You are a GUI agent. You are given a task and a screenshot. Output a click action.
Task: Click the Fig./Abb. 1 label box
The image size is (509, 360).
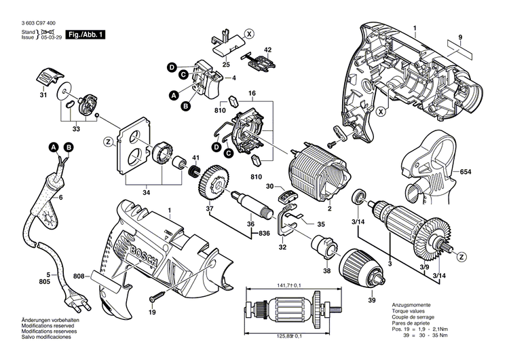(x=86, y=33)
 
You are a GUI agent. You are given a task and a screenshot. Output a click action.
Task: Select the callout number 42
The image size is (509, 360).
(x=267, y=50)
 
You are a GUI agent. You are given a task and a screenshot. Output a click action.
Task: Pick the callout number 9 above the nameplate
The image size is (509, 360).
(x=459, y=36)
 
